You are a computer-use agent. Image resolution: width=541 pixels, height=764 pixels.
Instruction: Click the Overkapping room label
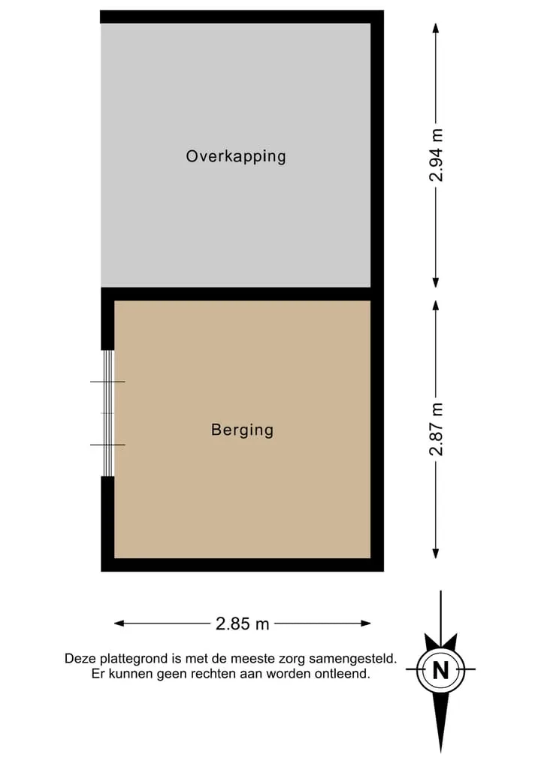pos(236,156)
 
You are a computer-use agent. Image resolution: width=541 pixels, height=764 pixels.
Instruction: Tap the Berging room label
pos(242,430)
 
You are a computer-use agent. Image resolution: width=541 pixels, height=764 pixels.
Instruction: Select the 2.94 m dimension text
pos(437,156)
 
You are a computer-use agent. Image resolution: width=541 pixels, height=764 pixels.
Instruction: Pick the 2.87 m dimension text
pos(437,429)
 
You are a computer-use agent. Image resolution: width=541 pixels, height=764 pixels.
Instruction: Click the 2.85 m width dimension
pos(242,624)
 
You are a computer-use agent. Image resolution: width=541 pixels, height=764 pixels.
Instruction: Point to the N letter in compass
pos(440,670)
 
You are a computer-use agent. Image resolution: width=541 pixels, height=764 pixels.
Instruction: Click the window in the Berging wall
pos(107,413)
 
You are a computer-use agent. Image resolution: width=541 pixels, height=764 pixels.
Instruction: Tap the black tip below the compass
pos(441,750)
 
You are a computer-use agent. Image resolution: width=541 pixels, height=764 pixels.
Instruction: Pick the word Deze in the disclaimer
pos(80,659)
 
